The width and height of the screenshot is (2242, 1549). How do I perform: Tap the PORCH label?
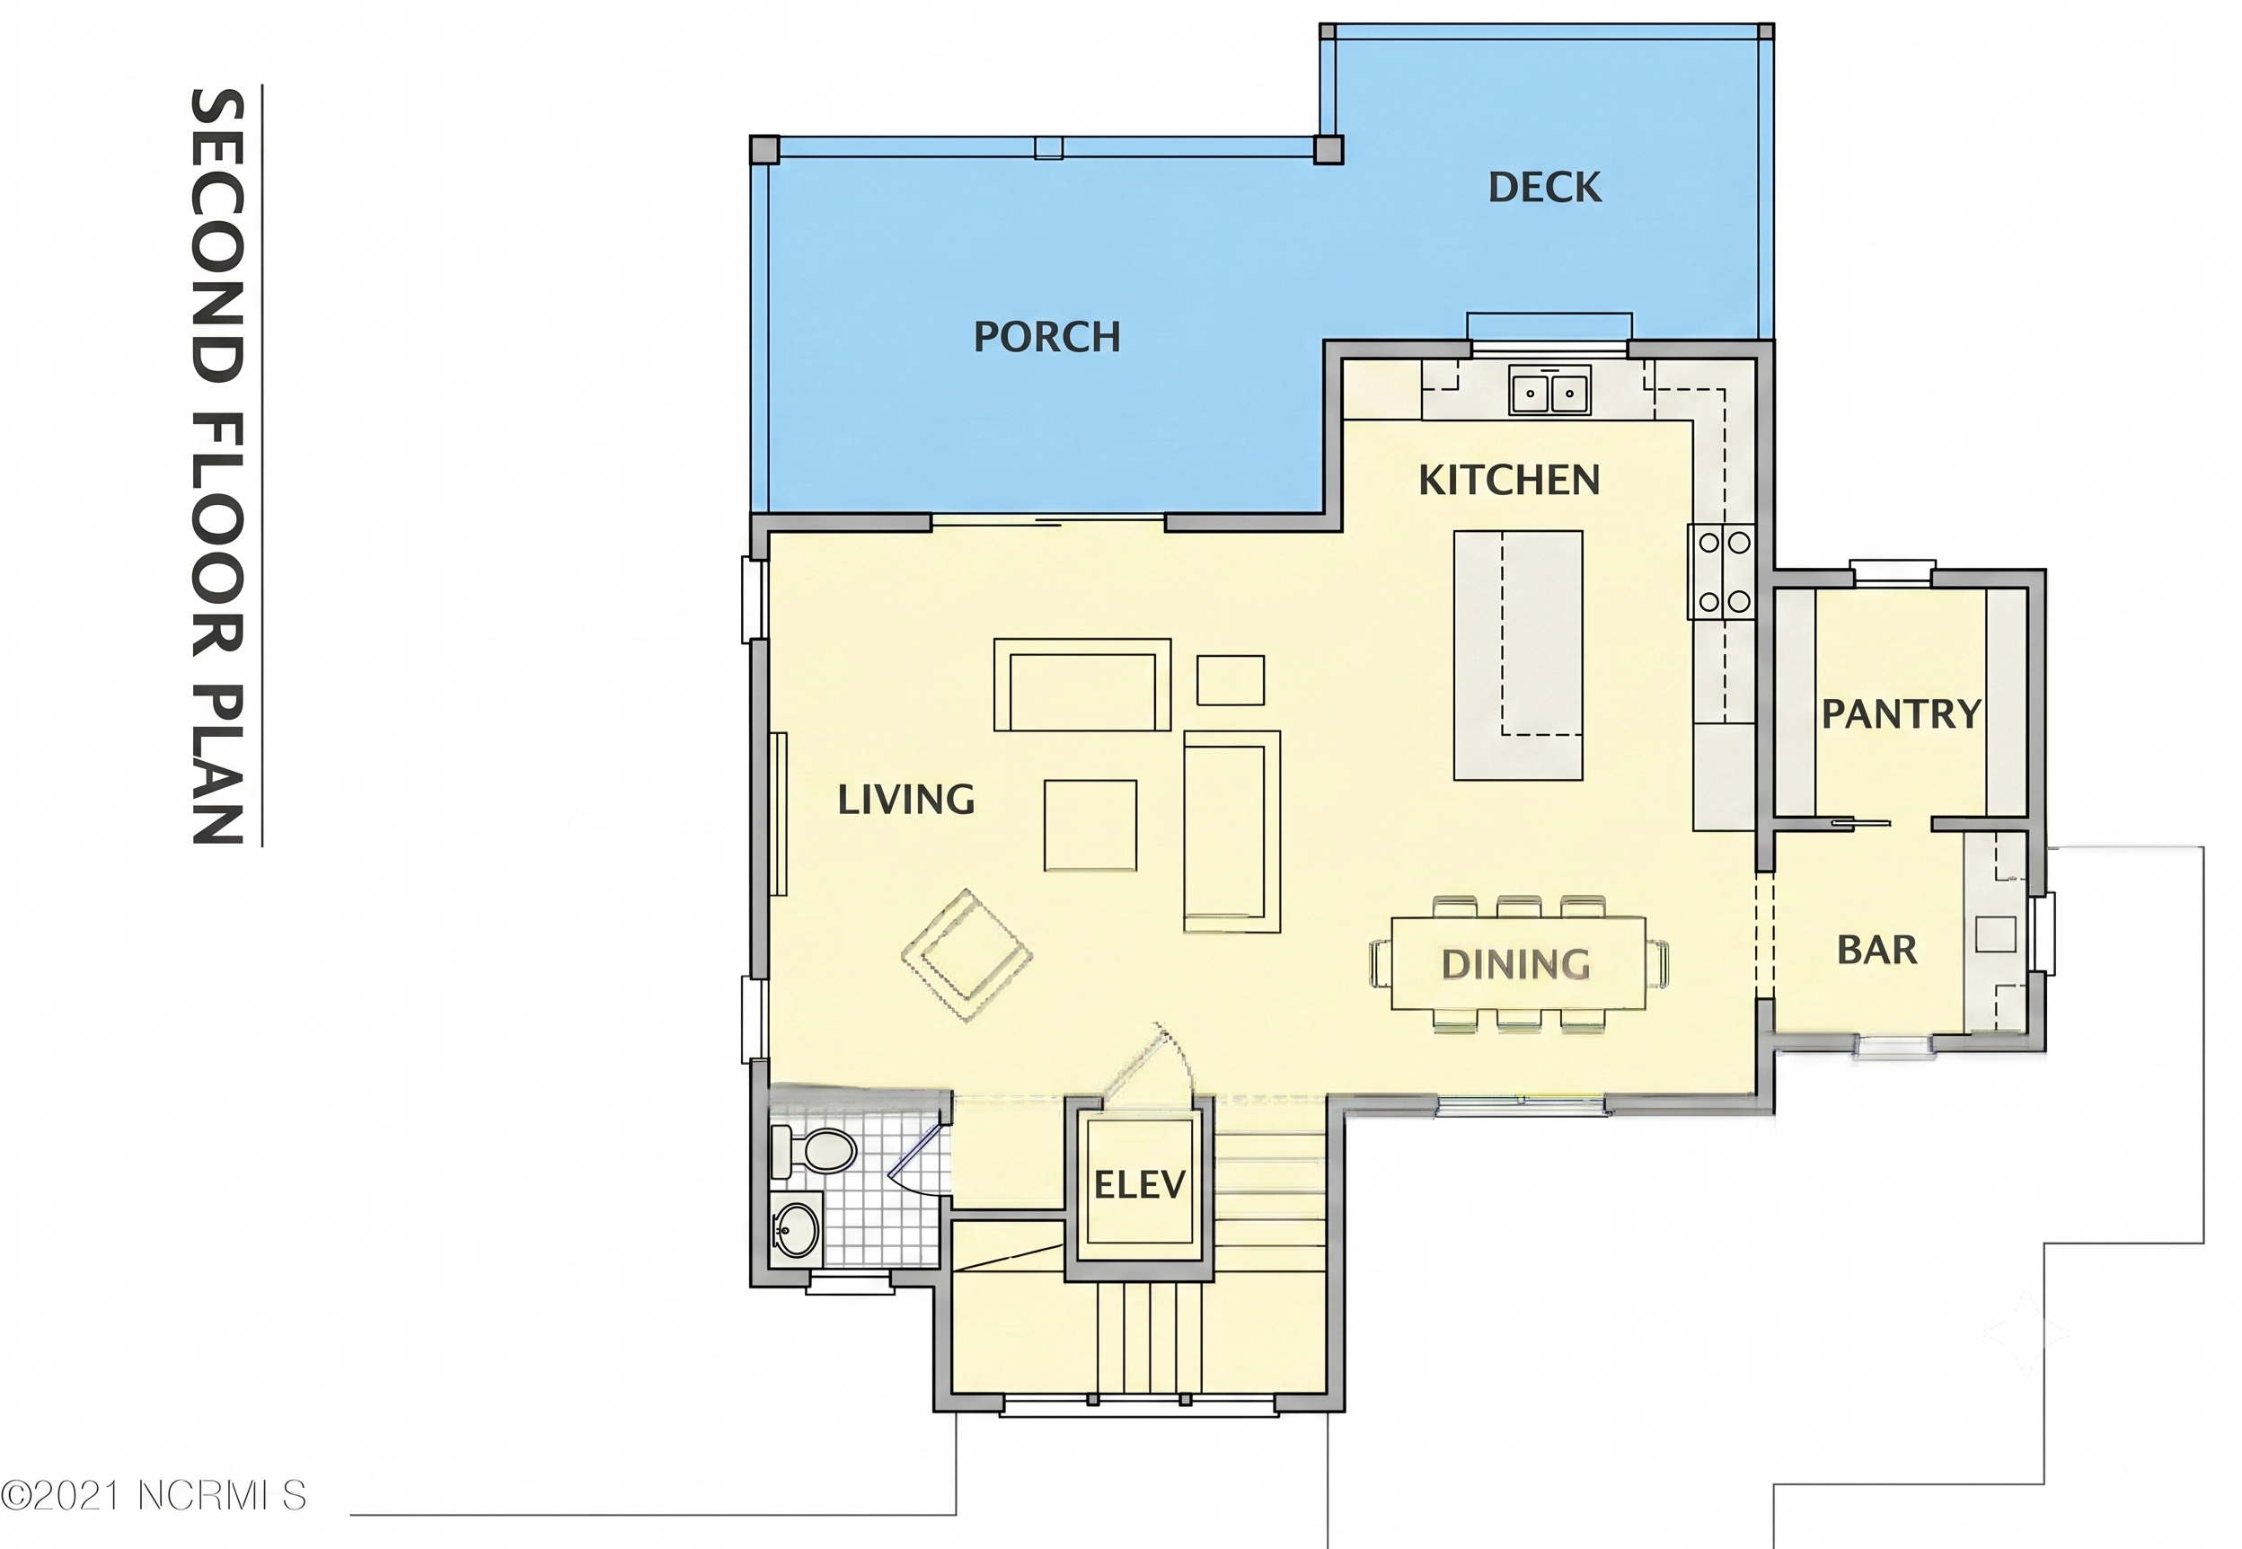coord(1046,337)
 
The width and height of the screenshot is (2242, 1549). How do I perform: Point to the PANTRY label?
coord(1901,713)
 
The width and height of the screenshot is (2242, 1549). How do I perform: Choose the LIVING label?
coord(906,800)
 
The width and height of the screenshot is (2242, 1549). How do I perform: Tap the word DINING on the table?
coord(1515,964)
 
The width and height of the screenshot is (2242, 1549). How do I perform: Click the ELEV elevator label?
coord(1140,1185)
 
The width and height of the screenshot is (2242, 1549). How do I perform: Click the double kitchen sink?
coord(1549,391)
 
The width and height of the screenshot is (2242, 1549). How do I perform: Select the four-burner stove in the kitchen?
coord(1724,572)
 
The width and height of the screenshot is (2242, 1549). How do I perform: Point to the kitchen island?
coord(1517,655)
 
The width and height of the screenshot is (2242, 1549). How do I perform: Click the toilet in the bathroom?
coord(813,1152)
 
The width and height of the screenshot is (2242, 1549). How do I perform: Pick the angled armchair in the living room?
coord(967,954)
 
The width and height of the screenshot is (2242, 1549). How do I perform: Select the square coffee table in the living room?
coord(1090,825)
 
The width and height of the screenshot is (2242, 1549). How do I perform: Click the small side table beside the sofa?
coord(1231,679)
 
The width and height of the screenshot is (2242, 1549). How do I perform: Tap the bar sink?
coord(1996,934)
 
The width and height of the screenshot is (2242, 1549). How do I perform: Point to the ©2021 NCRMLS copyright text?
coord(154,1496)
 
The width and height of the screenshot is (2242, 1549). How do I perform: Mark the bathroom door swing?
coord(917,1162)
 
